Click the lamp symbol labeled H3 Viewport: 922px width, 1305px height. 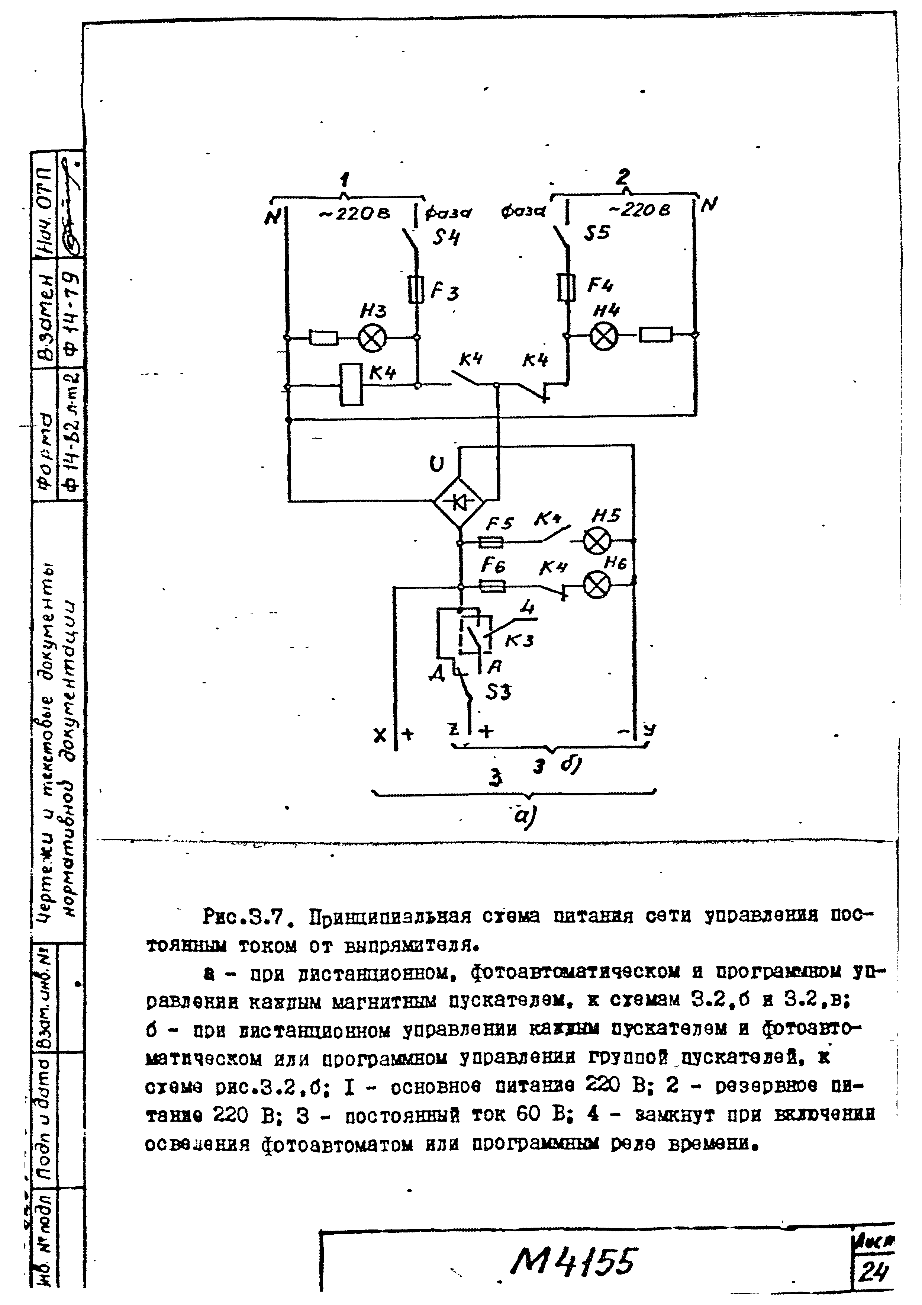(x=372, y=339)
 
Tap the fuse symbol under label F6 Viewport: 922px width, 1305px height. (x=492, y=586)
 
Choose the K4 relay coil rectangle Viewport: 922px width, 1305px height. (x=351, y=384)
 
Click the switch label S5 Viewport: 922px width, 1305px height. (x=596, y=233)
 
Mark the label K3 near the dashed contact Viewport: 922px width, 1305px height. (x=519, y=641)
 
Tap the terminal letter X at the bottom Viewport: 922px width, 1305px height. (x=380, y=736)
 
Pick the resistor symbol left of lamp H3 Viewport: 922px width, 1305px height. (x=323, y=338)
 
